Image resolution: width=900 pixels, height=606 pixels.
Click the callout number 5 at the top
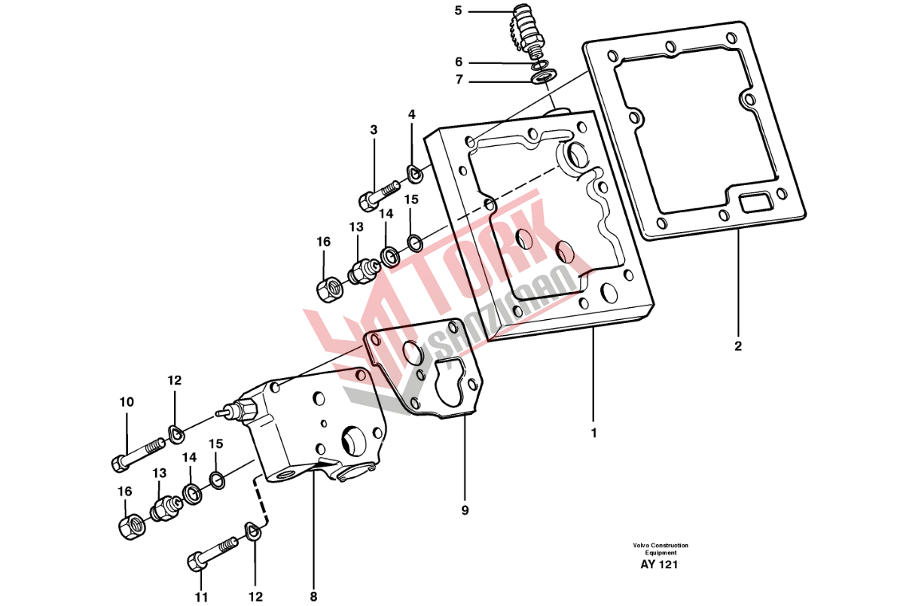point(457,11)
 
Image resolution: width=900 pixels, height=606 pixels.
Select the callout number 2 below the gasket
point(737,346)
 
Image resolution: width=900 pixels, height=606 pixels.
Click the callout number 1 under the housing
point(594,433)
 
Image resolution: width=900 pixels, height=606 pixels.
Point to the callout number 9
point(465,510)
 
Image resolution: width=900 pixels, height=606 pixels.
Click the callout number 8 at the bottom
point(313,597)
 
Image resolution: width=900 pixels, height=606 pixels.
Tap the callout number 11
point(201,597)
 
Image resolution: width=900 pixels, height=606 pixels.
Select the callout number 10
point(127,402)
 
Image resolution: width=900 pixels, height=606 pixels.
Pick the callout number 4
point(411,114)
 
